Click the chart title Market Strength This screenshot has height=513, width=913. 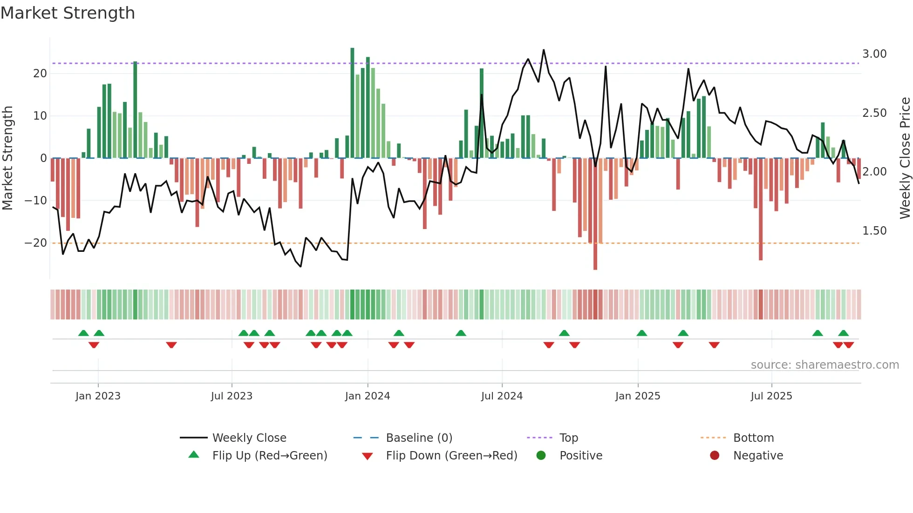[x=68, y=13]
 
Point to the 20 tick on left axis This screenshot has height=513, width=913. [x=40, y=74]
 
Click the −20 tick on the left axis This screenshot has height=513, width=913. [x=36, y=243]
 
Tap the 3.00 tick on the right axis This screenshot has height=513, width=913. [x=874, y=54]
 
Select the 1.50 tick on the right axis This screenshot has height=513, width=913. [x=874, y=231]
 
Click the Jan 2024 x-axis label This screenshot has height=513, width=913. [x=367, y=396]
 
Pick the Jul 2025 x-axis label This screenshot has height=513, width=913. [x=771, y=396]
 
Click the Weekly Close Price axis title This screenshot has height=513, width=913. [x=905, y=158]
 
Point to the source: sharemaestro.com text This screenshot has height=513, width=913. [x=824, y=365]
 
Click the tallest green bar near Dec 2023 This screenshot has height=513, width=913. [x=352, y=102]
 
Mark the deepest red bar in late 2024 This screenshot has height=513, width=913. [x=595, y=214]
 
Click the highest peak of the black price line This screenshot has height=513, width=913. [x=544, y=50]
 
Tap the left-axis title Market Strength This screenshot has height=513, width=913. [x=8, y=158]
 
